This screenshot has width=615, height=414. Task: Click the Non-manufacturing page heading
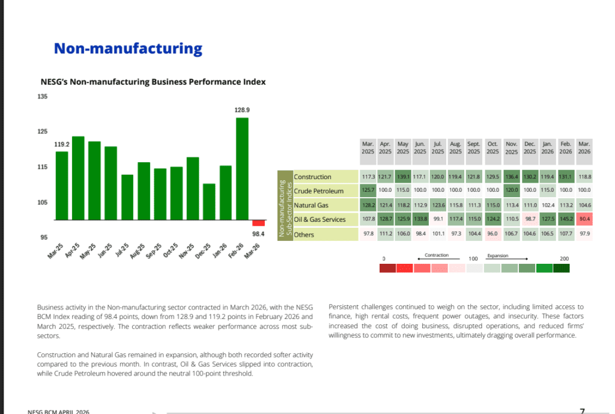click(x=128, y=49)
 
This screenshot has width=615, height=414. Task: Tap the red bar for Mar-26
click(x=258, y=222)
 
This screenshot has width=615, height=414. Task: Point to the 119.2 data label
click(x=62, y=145)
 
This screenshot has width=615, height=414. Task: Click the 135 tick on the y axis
click(x=43, y=96)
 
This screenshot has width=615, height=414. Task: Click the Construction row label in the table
click(x=312, y=177)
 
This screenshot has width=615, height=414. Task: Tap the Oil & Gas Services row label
click(x=320, y=220)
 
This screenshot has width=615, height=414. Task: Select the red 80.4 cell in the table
click(x=584, y=219)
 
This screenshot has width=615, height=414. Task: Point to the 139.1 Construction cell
click(x=403, y=177)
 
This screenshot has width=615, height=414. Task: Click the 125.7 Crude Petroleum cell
click(x=368, y=191)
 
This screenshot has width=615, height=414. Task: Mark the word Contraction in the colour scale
click(x=437, y=255)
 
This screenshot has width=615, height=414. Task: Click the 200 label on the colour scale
click(x=564, y=258)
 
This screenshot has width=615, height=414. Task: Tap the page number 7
click(x=582, y=410)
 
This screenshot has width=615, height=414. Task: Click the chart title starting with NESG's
click(x=153, y=82)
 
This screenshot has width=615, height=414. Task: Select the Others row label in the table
click(x=304, y=234)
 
